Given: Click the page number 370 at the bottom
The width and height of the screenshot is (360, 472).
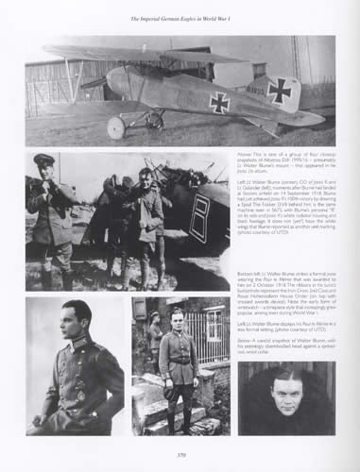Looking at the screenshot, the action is [180, 454].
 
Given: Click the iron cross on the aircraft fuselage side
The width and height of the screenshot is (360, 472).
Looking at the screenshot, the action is [219, 102].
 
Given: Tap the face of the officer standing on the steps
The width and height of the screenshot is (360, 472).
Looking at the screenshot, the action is [177, 318].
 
